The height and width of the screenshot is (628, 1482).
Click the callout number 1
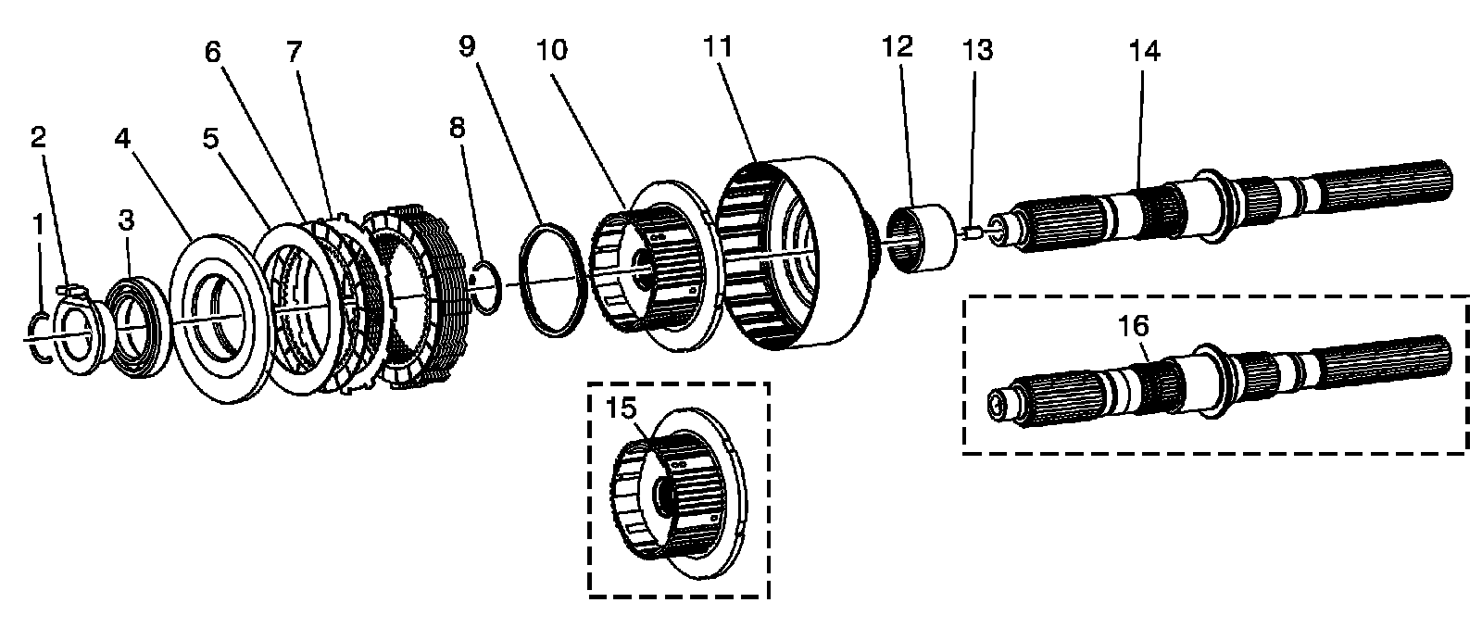coord(37,223)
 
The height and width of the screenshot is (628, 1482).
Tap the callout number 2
coord(37,138)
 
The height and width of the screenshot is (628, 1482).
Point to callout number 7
coord(295,52)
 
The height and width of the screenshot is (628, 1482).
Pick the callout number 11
coord(717,47)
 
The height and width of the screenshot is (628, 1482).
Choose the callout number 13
coord(977,49)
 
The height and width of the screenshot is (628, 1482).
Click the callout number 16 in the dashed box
coord(1134,326)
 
